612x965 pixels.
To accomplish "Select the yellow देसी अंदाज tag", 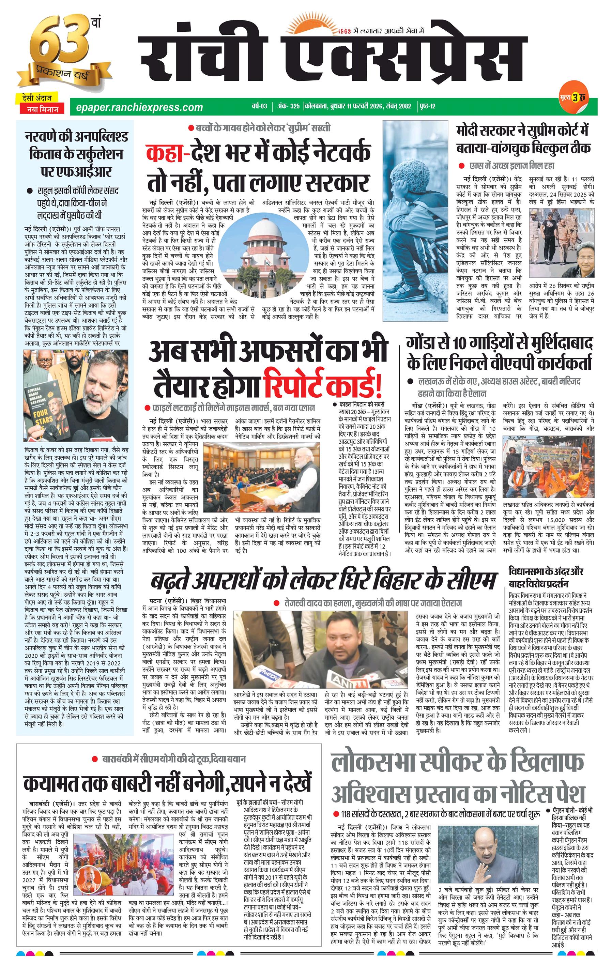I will point(37,98).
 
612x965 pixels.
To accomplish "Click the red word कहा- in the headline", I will point(168,153).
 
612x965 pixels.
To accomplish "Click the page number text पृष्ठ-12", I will point(427,107).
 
